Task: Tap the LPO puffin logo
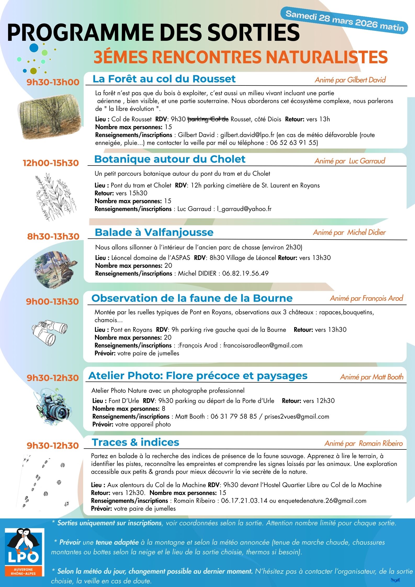[x=25, y=552]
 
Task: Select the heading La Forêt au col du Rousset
[x=164, y=79]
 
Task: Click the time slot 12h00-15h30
[x=51, y=163]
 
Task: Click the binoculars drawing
[x=49, y=332]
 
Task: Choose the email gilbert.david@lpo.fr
[x=247, y=135]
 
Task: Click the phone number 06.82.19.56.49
[x=245, y=273]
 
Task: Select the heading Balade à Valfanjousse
[x=154, y=232]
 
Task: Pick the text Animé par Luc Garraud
[x=350, y=161]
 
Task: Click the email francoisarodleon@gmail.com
[x=263, y=345]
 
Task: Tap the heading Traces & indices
[x=135, y=442]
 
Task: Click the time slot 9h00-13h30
[x=52, y=301]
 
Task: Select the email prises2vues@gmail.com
[x=297, y=417]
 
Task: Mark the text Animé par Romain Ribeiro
[x=363, y=443]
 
